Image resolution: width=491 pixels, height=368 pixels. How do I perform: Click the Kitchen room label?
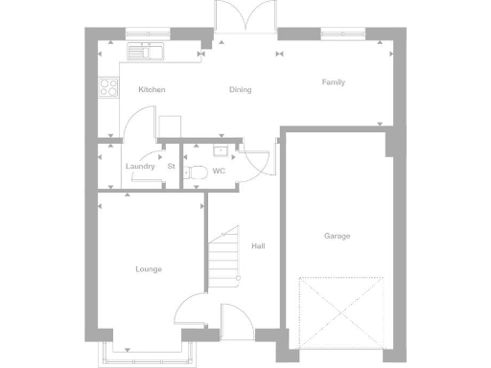click(152, 89)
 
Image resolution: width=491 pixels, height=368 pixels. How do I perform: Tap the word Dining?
click(240, 89)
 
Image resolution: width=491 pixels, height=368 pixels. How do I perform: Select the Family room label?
click(334, 82)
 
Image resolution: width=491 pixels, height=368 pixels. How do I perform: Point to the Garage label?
click(337, 236)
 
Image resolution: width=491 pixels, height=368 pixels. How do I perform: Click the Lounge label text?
click(149, 269)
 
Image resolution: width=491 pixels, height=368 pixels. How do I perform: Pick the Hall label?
click(258, 246)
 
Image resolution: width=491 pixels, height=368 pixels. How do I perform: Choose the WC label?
click(219, 172)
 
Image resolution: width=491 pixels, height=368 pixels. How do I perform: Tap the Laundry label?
click(140, 167)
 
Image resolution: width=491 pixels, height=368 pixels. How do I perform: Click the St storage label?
click(171, 167)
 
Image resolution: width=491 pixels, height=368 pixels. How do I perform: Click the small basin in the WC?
click(221, 150)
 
